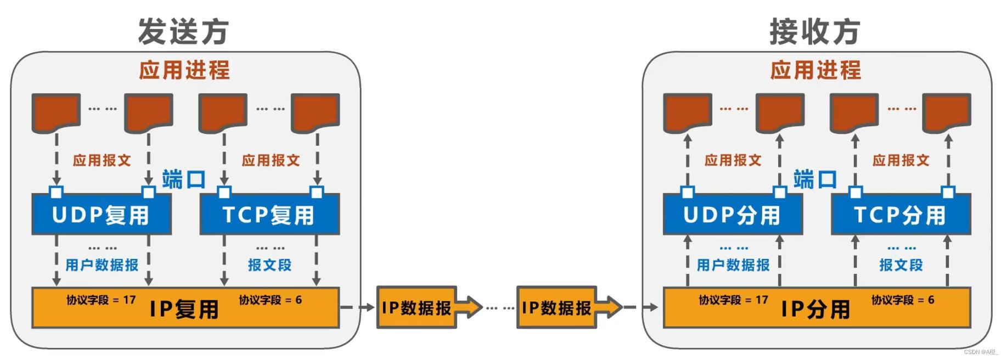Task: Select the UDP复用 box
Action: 102,215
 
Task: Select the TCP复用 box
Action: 269,215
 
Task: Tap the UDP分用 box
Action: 733,215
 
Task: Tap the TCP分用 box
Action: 901,215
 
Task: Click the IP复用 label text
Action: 184,310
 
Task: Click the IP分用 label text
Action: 815,310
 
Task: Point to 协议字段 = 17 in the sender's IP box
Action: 101,300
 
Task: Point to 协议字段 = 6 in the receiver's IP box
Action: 903,300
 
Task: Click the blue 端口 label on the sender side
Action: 184,179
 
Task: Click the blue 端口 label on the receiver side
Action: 815,179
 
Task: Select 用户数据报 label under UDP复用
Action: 102,265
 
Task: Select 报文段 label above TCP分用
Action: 901,265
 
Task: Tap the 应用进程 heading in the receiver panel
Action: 815,70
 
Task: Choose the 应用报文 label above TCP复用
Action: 271,160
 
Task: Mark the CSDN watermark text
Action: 981,352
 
